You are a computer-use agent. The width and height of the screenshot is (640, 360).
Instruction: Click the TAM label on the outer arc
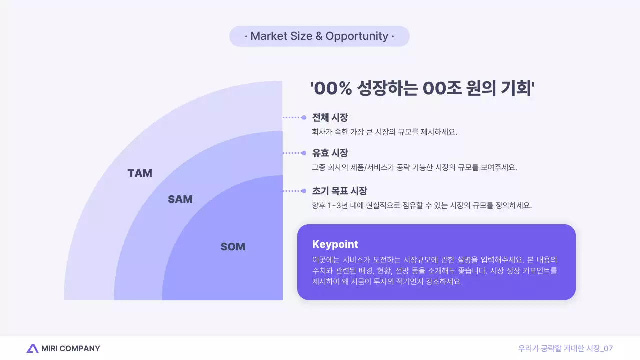point(140,173)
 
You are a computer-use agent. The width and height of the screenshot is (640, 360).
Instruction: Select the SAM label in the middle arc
point(180,199)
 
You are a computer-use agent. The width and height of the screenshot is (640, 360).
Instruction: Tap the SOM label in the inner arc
point(233,247)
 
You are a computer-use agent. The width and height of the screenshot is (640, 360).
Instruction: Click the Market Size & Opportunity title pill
point(319,36)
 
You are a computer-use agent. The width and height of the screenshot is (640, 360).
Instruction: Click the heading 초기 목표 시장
point(340,191)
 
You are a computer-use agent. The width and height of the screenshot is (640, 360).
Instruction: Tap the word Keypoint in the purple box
point(335,244)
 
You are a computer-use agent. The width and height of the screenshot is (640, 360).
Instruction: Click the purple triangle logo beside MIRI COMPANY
point(32,348)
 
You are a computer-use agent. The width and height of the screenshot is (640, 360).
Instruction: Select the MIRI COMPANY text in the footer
point(71,348)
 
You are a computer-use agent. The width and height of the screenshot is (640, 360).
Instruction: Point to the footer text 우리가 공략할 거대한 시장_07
point(565,348)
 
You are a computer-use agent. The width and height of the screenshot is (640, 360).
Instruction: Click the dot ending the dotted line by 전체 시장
point(304,118)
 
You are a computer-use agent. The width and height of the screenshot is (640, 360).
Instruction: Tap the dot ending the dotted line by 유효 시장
point(304,153)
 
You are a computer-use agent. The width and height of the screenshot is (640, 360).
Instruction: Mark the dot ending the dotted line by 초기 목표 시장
point(304,191)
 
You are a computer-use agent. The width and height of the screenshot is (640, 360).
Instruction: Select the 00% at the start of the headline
point(335,89)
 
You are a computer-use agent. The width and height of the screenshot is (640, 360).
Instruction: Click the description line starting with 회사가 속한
point(384,132)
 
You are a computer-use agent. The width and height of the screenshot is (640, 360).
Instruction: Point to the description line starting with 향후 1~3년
point(421,205)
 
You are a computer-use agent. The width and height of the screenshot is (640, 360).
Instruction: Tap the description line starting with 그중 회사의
point(414,167)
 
